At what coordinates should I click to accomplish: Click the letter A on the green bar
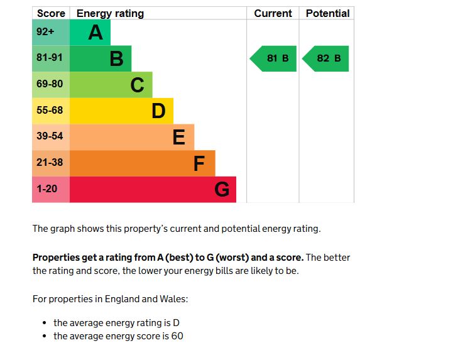[96, 32]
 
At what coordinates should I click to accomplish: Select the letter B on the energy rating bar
[116, 58]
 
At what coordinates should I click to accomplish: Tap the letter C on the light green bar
[137, 85]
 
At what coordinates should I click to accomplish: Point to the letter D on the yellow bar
[158, 111]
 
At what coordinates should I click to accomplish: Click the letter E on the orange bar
[179, 137]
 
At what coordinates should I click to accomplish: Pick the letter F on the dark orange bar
[199, 163]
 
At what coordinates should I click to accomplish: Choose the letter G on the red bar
[222, 189]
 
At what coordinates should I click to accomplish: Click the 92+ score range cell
[50, 32]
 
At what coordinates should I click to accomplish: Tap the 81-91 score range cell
[50, 58]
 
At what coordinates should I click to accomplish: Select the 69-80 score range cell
[50, 84]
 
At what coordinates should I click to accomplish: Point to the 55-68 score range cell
[50, 111]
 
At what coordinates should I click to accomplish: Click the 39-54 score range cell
[50, 136]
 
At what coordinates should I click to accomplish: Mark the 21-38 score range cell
[50, 163]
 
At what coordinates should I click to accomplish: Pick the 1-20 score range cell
[50, 189]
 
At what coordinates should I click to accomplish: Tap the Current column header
[273, 13]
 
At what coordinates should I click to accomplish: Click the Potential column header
[327, 13]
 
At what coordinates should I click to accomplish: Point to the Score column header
[51, 13]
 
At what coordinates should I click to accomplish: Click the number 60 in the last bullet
[177, 336]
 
